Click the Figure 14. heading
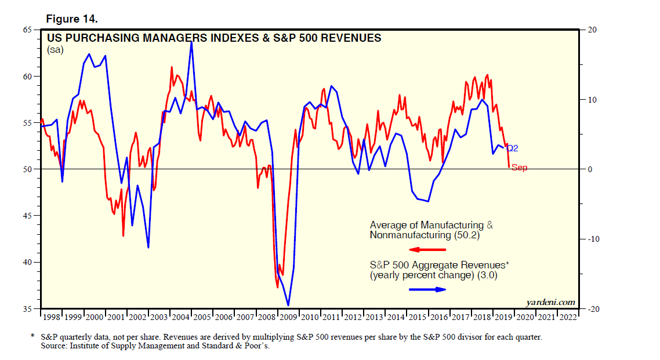(x=72, y=19)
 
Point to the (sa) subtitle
(x=55, y=50)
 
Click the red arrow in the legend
(x=428, y=250)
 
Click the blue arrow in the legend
(x=428, y=289)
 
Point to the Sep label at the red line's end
(x=519, y=168)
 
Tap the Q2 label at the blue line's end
(x=512, y=148)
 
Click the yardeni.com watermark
(x=550, y=302)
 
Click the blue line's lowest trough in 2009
(x=288, y=306)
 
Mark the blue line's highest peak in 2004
(x=191, y=42)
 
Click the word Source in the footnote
(x=54, y=347)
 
